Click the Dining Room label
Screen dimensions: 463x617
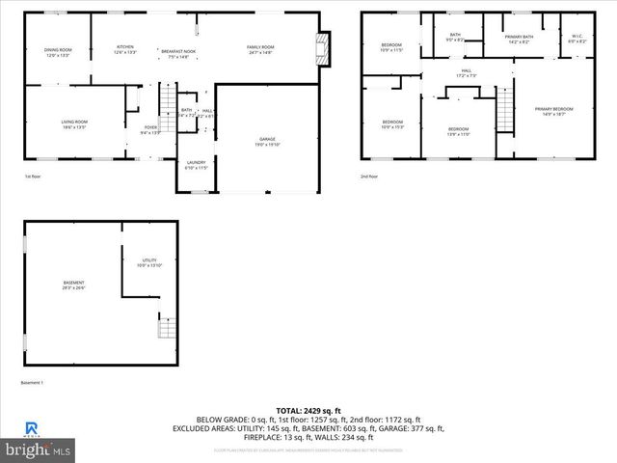58,52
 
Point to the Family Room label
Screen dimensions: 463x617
260,49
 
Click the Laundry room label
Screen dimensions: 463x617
196,165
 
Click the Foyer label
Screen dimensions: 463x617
150,129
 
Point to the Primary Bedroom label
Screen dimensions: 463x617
554,111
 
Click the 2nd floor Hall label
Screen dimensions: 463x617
466,73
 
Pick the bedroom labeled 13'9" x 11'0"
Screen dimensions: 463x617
458,131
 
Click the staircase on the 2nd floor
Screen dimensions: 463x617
502,106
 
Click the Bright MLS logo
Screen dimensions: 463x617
39,449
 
